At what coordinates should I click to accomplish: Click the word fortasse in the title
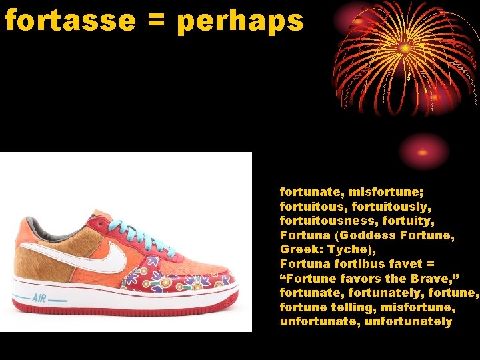67,21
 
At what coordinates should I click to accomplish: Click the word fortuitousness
327,220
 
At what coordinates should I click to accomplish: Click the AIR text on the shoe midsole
39,297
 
